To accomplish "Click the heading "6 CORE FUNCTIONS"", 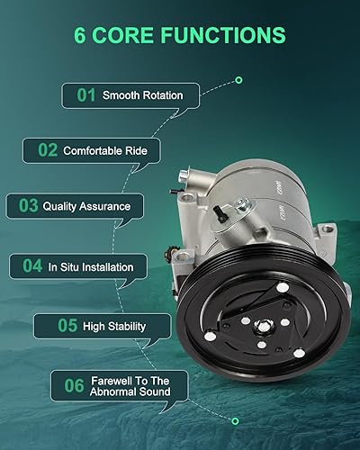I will (181, 36).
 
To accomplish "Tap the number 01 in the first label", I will (85, 94).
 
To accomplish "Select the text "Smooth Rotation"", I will (143, 94).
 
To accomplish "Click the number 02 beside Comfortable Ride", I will (47, 150).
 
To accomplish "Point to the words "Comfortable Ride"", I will (104, 150).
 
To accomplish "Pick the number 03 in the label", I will (28, 206).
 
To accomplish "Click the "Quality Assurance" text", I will (86, 206).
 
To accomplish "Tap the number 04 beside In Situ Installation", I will (32, 266).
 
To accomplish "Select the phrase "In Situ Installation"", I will (91, 266).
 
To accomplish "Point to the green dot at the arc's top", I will (238, 80).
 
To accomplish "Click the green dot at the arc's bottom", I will (235, 420).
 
